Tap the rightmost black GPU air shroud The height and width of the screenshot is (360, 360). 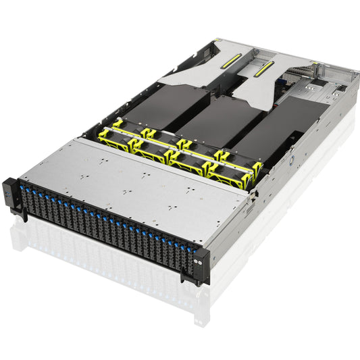point(270,135)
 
